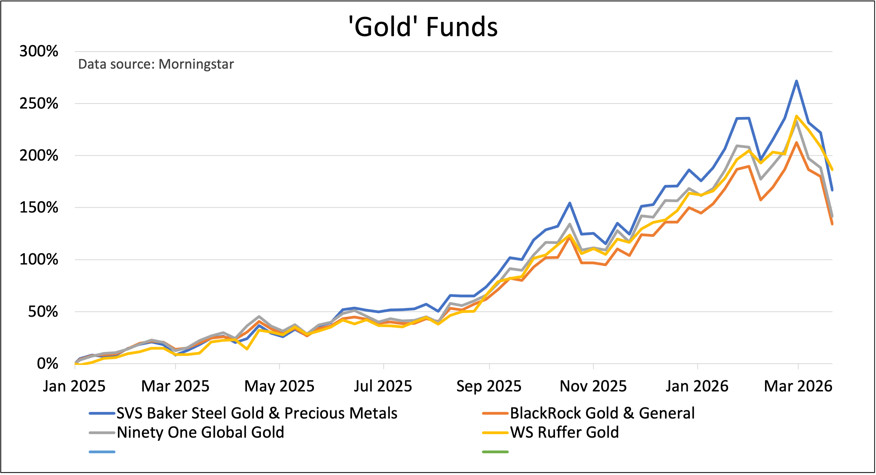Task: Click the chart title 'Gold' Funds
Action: click(x=423, y=27)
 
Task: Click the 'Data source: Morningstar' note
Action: click(x=156, y=64)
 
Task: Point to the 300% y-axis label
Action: click(x=39, y=51)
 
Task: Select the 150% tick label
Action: click(x=39, y=207)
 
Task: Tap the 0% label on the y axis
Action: click(x=47, y=364)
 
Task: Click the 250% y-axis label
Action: click(x=39, y=103)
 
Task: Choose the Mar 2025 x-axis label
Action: click(x=175, y=386)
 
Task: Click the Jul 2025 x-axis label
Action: click(x=383, y=386)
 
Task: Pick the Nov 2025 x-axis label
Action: click(x=593, y=386)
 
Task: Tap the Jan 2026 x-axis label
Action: click(x=697, y=386)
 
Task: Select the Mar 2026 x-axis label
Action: click(x=798, y=386)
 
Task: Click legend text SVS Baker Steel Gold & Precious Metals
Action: click(x=257, y=413)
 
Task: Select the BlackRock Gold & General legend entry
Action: click(x=602, y=413)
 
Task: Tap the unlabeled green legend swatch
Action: click(x=495, y=452)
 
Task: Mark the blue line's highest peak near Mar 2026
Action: click(x=796, y=81)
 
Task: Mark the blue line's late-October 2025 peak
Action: click(x=570, y=203)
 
